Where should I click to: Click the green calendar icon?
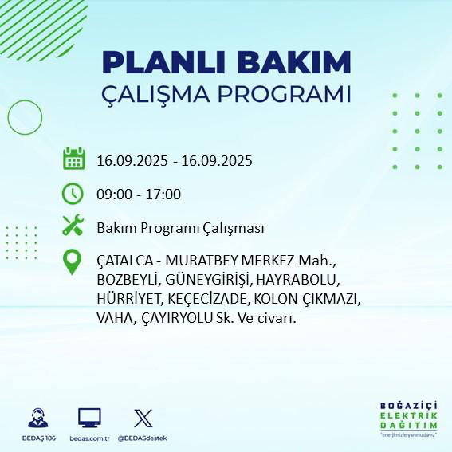coord(73,159)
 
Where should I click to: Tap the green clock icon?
coord(73,194)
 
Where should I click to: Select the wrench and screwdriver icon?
coord(73,227)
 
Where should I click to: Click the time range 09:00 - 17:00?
coord(138,195)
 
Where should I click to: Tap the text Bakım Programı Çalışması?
coord(180,228)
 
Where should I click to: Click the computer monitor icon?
coord(88,418)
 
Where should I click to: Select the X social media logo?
coord(142,418)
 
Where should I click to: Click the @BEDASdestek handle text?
coord(142,438)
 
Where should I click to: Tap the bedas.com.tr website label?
coord(88,438)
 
